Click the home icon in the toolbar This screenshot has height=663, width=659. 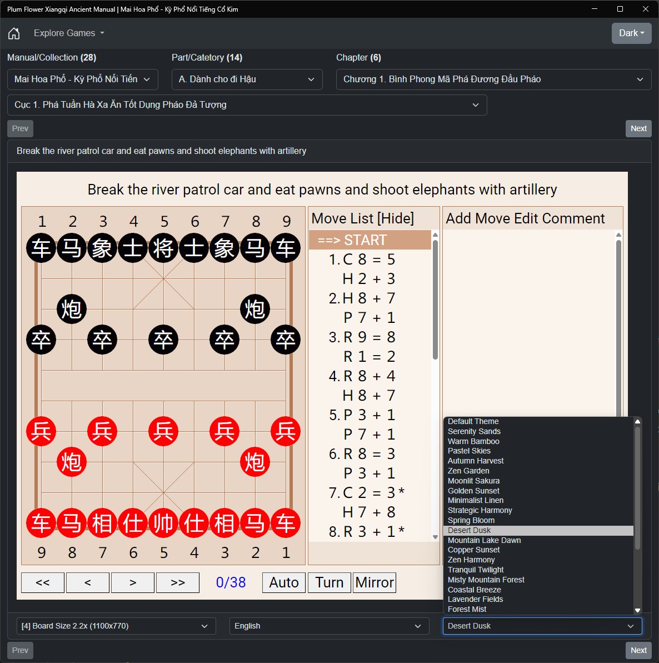(x=14, y=33)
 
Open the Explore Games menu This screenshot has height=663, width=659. (x=69, y=33)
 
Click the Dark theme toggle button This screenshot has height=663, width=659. (x=632, y=33)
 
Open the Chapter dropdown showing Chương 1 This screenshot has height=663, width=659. (x=493, y=79)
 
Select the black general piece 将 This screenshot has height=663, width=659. (x=163, y=248)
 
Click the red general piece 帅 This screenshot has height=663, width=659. (x=163, y=522)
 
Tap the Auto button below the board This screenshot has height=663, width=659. (x=283, y=582)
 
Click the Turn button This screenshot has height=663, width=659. (x=329, y=582)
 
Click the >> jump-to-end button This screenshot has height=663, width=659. (x=178, y=582)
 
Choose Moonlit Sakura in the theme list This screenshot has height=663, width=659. (x=473, y=481)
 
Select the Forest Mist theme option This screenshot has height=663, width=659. (x=467, y=609)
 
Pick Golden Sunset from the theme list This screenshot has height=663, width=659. (x=473, y=491)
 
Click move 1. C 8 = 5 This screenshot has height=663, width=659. (x=362, y=259)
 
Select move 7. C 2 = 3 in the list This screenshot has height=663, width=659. (x=366, y=492)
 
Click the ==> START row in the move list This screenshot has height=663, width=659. (x=370, y=240)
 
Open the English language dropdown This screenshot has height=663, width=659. (x=329, y=626)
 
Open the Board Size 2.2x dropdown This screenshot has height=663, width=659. (x=116, y=626)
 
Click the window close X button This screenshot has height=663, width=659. (x=646, y=9)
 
